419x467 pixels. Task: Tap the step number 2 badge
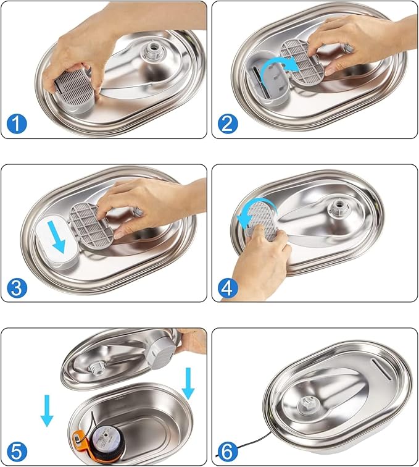click(x=226, y=124)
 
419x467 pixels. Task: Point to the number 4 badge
click(x=226, y=288)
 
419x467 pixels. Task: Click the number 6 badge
click(x=226, y=452)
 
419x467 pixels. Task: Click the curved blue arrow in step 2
click(x=280, y=70)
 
